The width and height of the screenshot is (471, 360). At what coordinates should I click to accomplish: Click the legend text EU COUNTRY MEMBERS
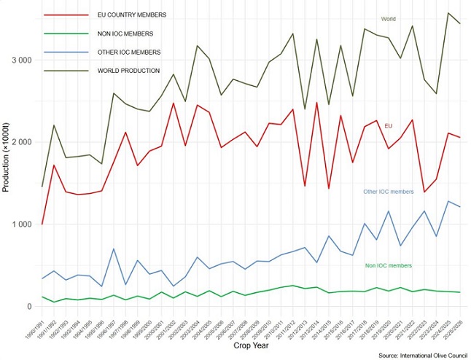131,15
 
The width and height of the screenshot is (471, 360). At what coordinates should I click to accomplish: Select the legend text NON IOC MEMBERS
125,34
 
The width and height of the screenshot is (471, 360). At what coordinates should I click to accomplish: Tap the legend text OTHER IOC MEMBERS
129,52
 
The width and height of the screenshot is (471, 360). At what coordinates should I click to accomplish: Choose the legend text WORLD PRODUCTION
128,71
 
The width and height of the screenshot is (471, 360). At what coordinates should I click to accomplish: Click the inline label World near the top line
389,19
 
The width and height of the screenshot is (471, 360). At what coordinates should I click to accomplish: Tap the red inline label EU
389,126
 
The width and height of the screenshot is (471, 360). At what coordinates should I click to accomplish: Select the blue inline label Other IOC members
388,192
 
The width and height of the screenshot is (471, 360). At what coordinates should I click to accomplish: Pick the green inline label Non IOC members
389,266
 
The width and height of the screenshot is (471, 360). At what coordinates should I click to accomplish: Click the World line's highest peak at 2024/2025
448,13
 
